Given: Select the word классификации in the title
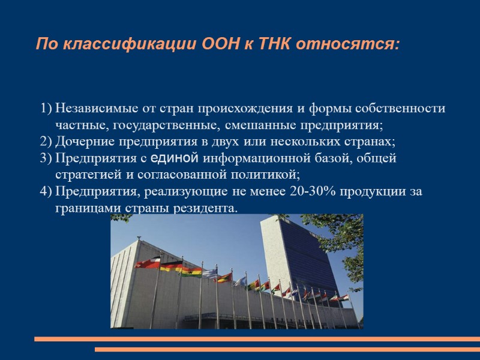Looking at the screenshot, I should [127, 44].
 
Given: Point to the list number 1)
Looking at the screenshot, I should [46, 109].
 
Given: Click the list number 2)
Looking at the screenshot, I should [46, 142].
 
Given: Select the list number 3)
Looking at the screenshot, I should [46, 158].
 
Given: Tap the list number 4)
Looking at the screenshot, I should [46, 191].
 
